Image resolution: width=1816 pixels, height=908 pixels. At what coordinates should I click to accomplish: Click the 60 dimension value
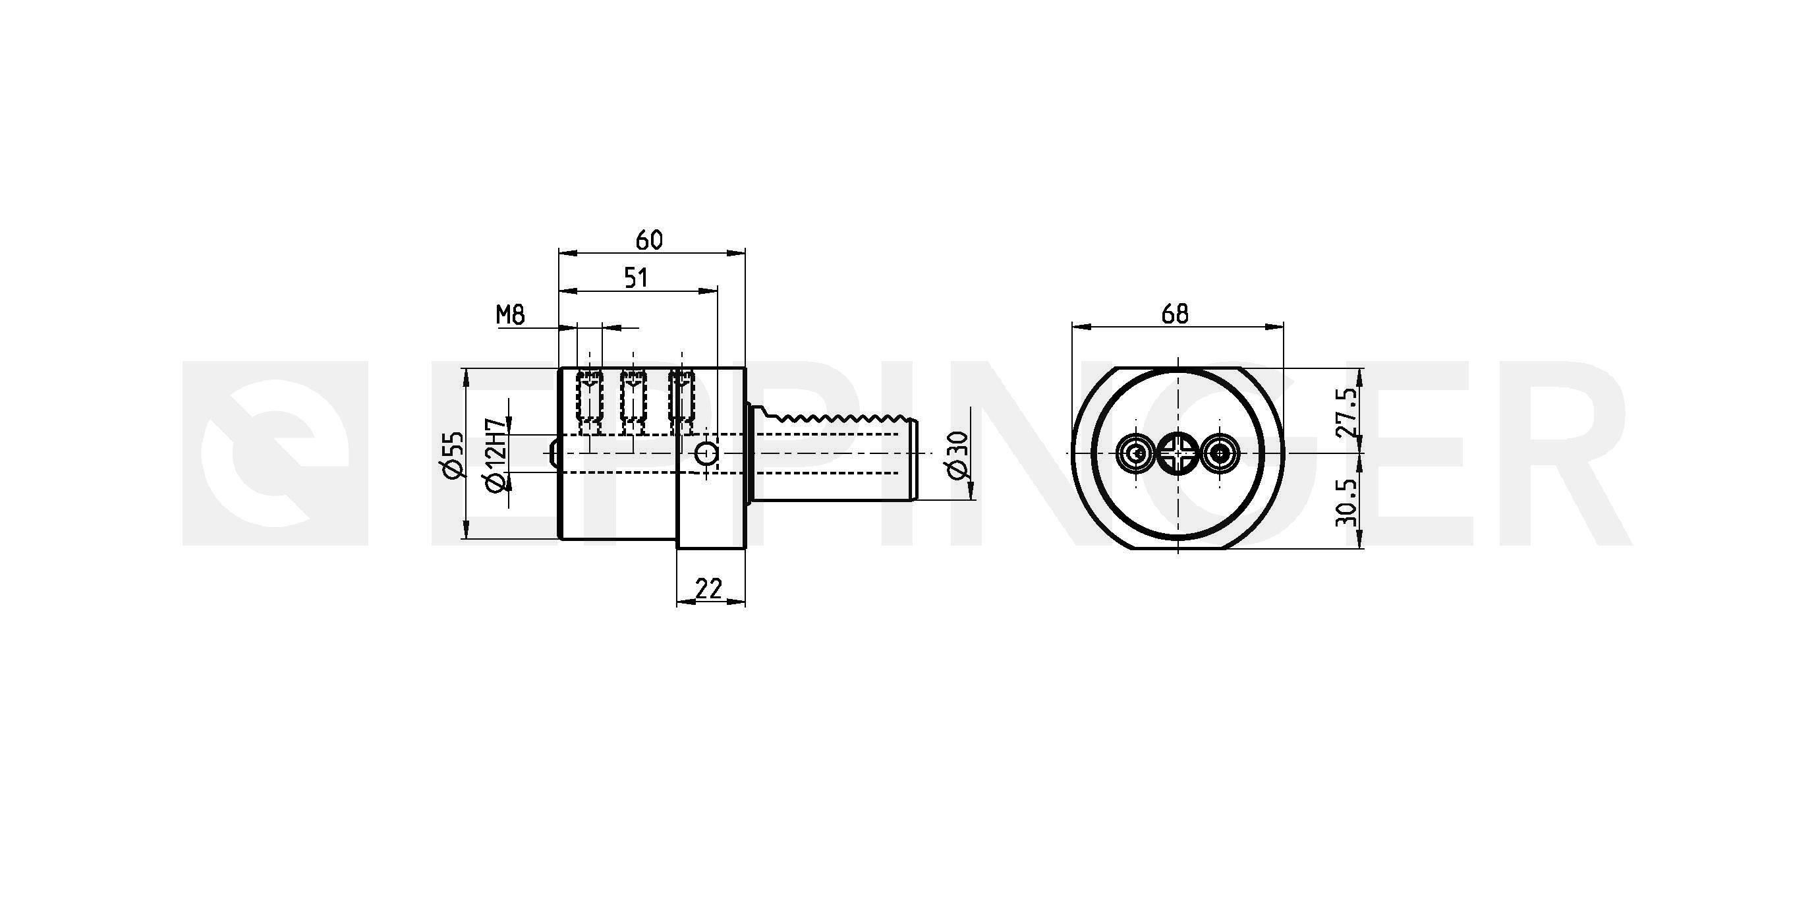(649, 241)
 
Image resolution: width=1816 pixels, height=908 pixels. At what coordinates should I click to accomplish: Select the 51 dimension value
(636, 278)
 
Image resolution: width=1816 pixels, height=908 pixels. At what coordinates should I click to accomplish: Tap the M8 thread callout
(511, 314)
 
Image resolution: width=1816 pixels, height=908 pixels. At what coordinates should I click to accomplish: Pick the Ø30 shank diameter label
(959, 455)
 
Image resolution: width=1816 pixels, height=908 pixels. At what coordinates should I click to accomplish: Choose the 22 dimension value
(708, 588)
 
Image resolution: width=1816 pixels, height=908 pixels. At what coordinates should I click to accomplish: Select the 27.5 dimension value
(1346, 413)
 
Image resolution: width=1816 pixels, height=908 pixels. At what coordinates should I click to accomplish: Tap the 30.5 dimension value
(1346, 502)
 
